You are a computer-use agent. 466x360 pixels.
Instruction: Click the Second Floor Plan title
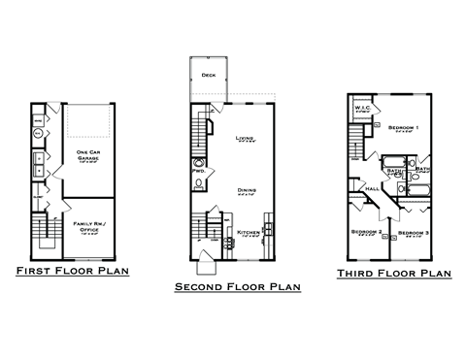click(237, 287)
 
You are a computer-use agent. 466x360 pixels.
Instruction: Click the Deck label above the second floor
click(208, 75)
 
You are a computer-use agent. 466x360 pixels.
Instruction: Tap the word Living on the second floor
click(245, 139)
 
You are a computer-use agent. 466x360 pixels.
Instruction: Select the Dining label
click(245, 191)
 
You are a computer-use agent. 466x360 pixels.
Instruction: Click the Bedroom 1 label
click(402, 128)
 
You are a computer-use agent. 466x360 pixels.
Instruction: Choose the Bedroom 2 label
click(364, 233)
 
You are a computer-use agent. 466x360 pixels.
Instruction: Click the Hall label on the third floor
click(371, 188)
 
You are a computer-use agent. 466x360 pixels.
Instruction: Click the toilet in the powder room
click(199, 181)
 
